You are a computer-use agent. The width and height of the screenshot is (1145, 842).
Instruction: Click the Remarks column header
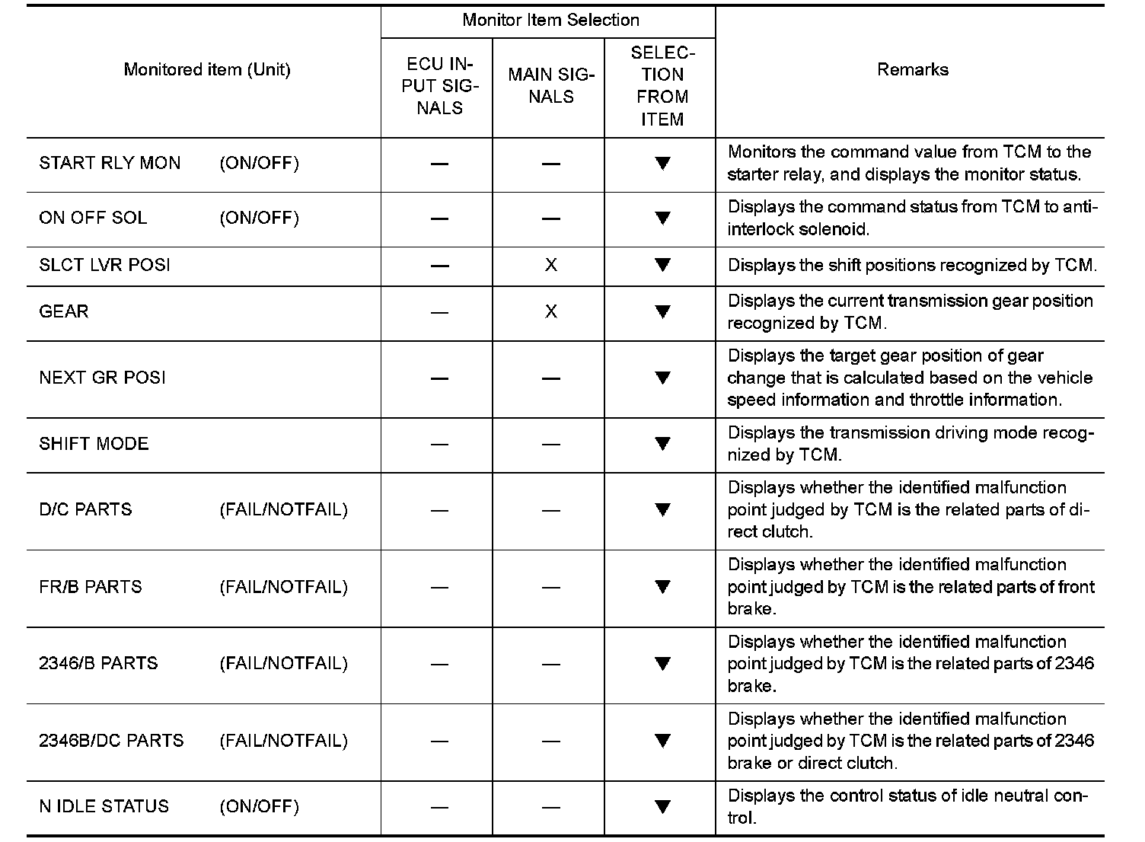tap(912, 70)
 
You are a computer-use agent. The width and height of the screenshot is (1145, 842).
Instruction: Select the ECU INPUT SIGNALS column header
tap(439, 86)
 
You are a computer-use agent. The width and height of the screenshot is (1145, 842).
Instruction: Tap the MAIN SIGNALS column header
tap(550, 86)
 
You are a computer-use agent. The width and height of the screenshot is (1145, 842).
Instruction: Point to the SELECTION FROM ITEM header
tap(662, 86)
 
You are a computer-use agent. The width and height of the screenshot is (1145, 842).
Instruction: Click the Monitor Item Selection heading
tap(550, 21)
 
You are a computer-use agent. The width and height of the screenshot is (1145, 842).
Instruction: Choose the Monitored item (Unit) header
tap(207, 70)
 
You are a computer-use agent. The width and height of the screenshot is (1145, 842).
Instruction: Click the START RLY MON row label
tap(110, 163)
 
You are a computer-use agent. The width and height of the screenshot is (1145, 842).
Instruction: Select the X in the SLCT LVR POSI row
tap(550, 265)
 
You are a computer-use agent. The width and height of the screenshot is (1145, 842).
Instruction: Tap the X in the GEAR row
tap(550, 311)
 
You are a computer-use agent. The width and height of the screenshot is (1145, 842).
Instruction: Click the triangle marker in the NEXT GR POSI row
tap(662, 378)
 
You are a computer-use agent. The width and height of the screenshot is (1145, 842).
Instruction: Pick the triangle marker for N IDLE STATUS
tap(662, 806)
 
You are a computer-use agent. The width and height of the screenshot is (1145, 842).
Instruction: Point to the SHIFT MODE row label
tap(94, 444)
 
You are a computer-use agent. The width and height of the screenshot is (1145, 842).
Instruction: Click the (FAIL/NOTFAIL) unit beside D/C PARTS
tap(283, 509)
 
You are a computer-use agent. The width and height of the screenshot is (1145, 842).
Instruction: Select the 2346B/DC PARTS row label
tap(111, 741)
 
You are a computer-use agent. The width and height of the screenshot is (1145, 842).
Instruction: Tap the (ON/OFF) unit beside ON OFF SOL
tap(259, 218)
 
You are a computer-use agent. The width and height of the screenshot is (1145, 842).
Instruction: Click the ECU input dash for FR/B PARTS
tap(439, 587)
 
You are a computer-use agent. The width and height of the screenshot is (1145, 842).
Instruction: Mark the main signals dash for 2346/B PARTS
tap(550, 664)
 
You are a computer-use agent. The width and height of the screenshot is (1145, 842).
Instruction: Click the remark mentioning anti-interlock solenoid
tap(912, 218)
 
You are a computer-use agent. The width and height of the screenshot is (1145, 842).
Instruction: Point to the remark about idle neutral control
tap(908, 806)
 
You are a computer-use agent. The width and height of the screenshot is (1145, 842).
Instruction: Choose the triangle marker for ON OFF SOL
tap(662, 218)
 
